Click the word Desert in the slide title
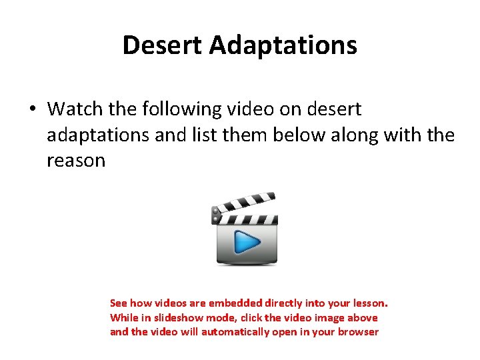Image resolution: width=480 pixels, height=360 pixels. [163, 45]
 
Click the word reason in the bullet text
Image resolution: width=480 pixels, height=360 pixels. [76, 161]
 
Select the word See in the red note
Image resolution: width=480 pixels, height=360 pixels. [119, 303]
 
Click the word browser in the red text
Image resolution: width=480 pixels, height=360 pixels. [359, 332]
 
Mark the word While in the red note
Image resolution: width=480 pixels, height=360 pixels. [123, 318]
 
